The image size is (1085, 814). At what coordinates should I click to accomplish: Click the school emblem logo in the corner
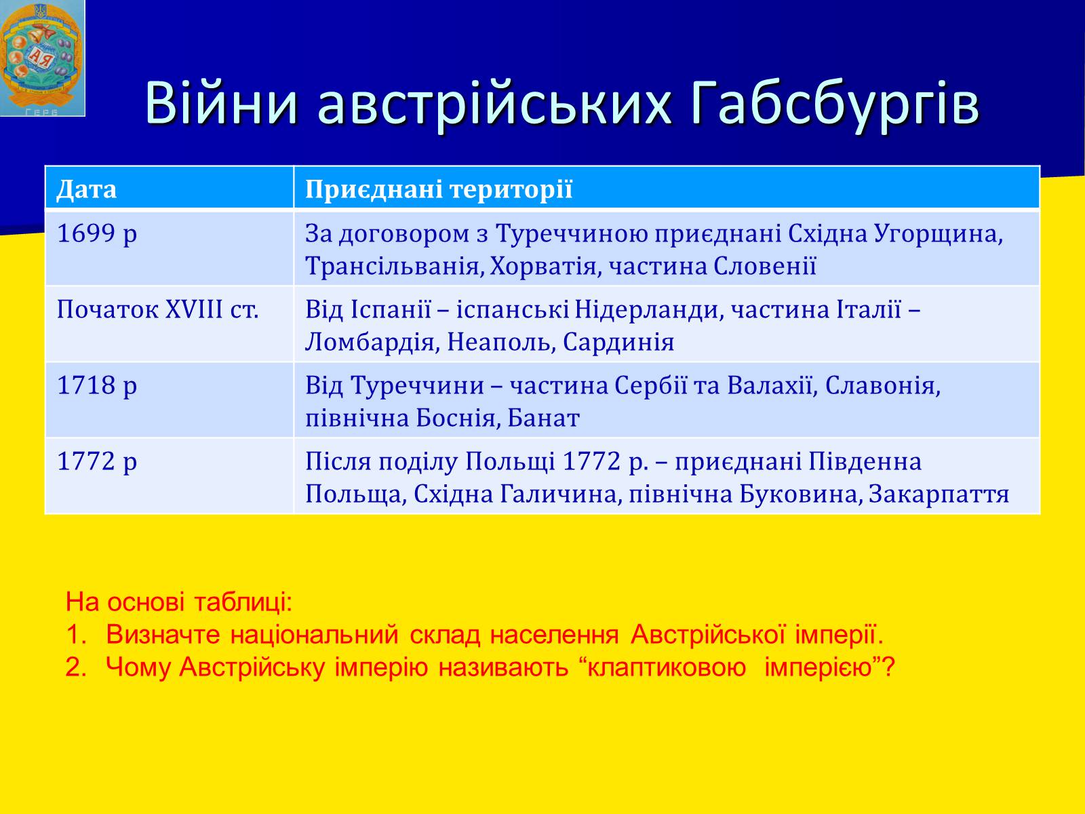pos(43,58)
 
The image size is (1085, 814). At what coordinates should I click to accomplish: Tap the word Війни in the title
pos(222,102)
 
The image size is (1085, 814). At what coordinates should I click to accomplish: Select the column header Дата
pos(87,189)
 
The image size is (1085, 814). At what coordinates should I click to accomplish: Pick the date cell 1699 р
pos(97,234)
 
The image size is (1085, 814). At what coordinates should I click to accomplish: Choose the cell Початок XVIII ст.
pos(158,310)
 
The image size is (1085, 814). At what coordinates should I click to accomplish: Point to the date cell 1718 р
pos(97,385)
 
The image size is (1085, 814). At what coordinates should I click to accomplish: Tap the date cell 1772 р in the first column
pos(97,462)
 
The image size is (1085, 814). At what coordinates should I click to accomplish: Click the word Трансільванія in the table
pos(395,267)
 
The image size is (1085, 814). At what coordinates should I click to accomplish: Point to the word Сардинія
pos(619,343)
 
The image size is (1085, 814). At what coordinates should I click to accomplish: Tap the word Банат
pos(543,419)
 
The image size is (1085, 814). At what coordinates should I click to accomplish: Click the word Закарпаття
pos(939,495)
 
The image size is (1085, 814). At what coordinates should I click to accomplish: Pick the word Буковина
pos(798,495)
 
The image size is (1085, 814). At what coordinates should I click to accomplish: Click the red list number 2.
pos(76,667)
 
